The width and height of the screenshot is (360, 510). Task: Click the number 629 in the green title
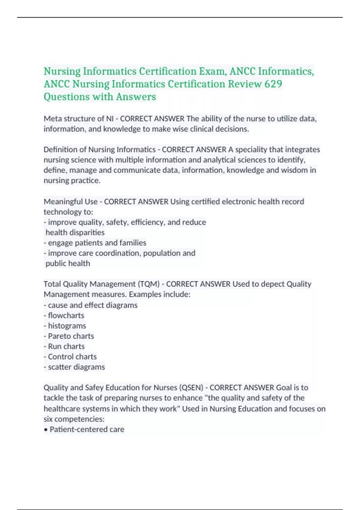pyautogui.click(x=273, y=84)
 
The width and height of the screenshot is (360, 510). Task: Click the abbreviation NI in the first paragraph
pyautogui.click(x=110, y=119)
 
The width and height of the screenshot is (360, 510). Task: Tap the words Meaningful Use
pyautogui.click(x=70, y=202)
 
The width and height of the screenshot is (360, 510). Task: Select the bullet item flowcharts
pyautogui.click(x=66, y=316)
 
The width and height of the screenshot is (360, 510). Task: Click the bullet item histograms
pyautogui.click(x=67, y=326)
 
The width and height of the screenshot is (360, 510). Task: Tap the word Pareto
pyautogui.click(x=58, y=336)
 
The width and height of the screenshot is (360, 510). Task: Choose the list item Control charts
pyautogui.click(x=72, y=357)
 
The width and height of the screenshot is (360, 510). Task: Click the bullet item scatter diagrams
pyautogui.click(x=76, y=367)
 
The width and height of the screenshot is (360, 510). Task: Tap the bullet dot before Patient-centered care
pyautogui.click(x=46, y=430)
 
